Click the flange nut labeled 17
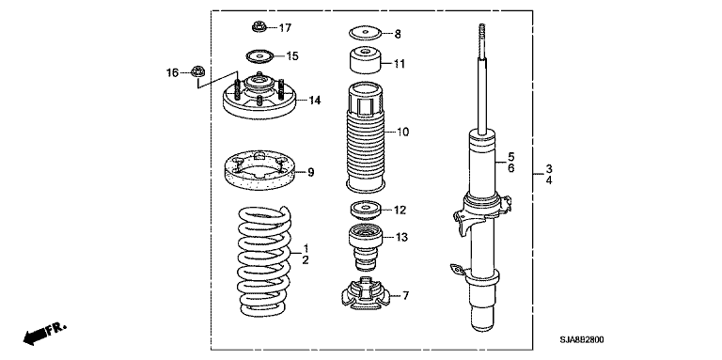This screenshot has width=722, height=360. pyautogui.click(x=259, y=27)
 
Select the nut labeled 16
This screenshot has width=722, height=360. pyautogui.click(x=197, y=71)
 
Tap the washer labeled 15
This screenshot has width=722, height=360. pyautogui.click(x=259, y=56)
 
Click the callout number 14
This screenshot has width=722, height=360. pyautogui.click(x=315, y=100)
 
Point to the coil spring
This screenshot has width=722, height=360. pyautogui.click(x=265, y=262)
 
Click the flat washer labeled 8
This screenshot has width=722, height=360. pyautogui.click(x=366, y=34)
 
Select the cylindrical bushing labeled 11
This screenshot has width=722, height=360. pyautogui.click(x=365, y=60)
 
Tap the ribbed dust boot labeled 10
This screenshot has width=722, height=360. pyautogui.click(x=365, y=137)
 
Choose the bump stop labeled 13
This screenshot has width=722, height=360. pyautogui.click(x=365, y=247)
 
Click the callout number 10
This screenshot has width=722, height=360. pyautogui.click(x=402, y=133)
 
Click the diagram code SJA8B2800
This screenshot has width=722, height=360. pyautogui.click(x=582, y=340)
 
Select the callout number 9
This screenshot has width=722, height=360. pyautogui.click(x=311, y=173)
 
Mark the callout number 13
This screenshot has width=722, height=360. pyautogui.click(x=401, y=238)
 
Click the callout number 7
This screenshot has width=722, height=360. pyautogui.click(x=406, y=295)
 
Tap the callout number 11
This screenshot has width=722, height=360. pyautogui.click(x=400, y=64)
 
